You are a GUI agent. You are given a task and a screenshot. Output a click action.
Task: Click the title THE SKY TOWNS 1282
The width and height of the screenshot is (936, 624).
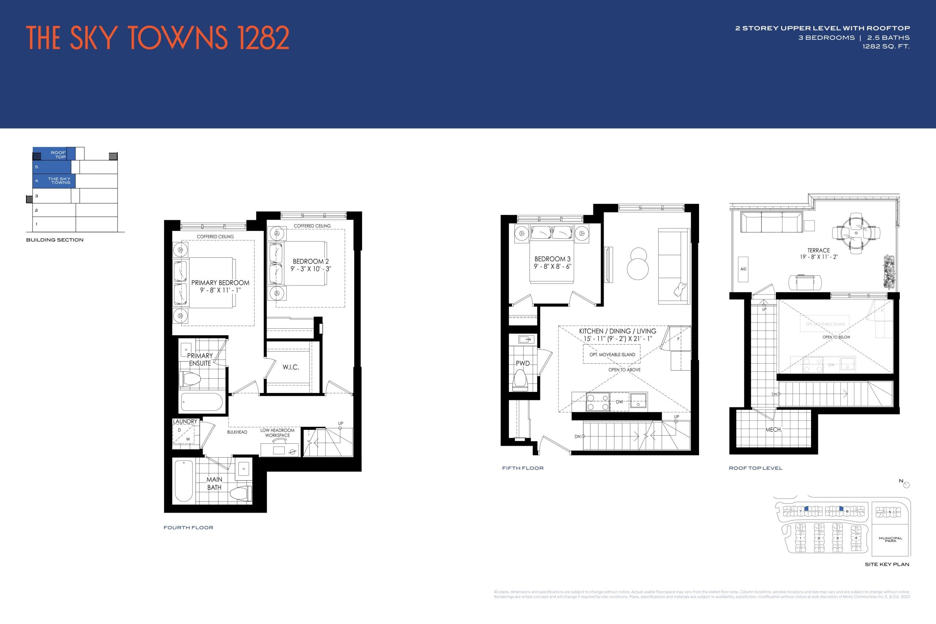158,38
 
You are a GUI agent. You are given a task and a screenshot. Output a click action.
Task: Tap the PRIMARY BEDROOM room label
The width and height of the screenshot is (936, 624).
220,283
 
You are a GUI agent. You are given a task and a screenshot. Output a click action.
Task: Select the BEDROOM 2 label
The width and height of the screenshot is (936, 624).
310,261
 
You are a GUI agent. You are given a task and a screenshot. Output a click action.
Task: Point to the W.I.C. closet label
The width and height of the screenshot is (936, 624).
291,367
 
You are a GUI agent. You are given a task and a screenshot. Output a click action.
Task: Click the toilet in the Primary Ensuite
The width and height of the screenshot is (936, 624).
189,379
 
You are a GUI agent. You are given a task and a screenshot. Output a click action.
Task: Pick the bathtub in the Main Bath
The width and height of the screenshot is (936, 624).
184,481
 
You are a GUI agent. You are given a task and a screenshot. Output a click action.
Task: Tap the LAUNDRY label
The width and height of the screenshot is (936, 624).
185,421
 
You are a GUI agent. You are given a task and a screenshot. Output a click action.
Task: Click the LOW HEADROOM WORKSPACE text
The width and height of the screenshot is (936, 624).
278,432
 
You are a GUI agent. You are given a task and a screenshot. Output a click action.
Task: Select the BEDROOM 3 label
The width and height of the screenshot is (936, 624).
552,259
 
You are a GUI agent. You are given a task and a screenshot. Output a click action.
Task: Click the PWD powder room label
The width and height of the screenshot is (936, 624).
522,363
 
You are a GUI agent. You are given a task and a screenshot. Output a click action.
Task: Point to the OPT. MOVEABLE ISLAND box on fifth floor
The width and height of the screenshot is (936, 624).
612,354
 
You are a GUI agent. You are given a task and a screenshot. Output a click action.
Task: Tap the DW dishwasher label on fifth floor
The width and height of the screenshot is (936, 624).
619,401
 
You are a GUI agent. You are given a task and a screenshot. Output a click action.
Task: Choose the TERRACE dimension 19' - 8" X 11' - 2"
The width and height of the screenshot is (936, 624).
819,257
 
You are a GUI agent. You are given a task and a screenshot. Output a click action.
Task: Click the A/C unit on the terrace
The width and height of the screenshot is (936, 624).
743,269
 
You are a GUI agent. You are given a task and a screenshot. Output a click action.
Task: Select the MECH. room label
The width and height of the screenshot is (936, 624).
773,430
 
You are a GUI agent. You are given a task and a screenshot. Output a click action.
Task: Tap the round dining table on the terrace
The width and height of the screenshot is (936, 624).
856,233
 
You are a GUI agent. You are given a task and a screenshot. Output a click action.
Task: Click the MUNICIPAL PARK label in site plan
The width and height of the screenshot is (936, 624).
891,539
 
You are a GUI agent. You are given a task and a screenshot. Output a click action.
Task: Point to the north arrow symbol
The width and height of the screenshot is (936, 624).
906,485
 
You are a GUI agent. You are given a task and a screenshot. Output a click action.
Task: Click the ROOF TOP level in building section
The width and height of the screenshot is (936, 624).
58,154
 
